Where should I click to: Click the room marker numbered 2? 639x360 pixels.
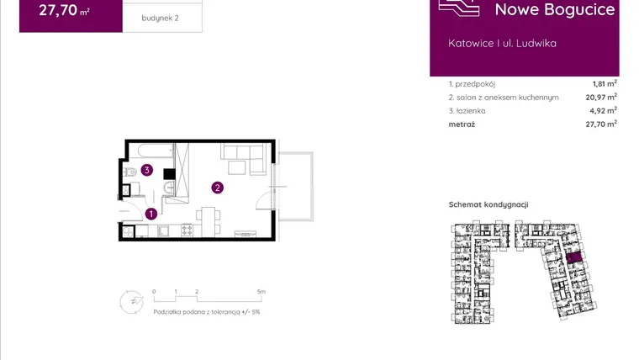click(217, 188)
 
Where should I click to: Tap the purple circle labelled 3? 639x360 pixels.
click(146, 170)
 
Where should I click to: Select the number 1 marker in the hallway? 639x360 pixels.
click(151, 214)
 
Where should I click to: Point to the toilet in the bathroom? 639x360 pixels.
click(130, 172)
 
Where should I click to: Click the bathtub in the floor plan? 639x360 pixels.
click(156, 150)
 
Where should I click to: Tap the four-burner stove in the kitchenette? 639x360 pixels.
click(187, 230)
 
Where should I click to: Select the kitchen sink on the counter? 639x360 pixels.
click(163, 230)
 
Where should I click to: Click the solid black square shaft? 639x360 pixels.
click(169, 174)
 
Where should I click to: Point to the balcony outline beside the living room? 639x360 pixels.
click(295, 187)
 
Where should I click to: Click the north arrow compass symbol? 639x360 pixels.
click(132, 302)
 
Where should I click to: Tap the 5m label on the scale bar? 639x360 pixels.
click(261, 292)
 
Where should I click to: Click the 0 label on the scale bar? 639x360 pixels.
click(154, 292)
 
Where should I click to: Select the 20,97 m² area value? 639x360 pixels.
click(601, 97)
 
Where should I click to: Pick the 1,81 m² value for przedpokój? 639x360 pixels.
click(605, 83)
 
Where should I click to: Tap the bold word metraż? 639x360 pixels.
click(462, 124)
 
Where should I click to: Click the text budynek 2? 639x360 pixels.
click(160, 18)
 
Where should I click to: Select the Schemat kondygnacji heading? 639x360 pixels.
click(488, 204)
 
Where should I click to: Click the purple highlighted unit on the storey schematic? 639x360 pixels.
click(573, 257)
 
